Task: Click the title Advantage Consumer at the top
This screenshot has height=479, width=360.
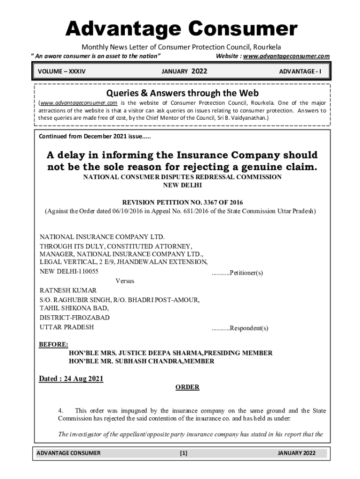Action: tap(181, 29)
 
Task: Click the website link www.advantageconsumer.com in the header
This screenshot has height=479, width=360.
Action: tap(286, 56)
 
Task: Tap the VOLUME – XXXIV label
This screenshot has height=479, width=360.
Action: tap(62, 72)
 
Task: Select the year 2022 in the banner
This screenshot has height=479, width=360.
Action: tap(199, 72)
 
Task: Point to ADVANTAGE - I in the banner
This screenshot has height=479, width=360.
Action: tap(303, 72)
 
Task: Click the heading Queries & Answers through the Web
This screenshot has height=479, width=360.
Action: tap(182, 93)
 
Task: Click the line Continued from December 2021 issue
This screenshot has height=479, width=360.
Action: tap(94, 137)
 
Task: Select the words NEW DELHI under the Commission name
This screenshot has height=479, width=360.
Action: tap(182, 185)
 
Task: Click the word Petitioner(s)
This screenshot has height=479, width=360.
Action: tap(246, 273)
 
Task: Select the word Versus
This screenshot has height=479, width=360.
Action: tap(125, 281)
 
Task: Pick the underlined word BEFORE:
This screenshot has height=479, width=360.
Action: tap(53, 345)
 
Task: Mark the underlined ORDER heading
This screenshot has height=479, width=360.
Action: tap(187, 387)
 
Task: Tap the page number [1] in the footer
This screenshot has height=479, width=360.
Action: tap(183, 453)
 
